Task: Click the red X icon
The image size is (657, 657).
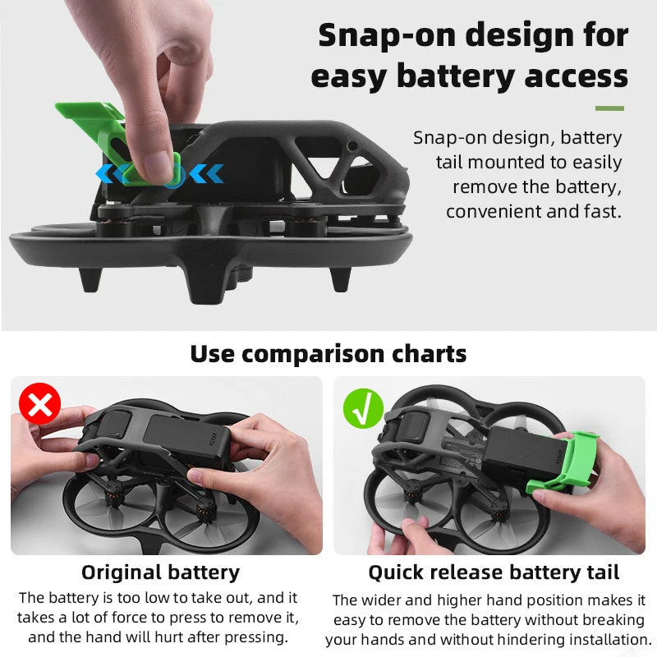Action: coord(39,404)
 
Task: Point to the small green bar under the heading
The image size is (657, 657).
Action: coord(609,108)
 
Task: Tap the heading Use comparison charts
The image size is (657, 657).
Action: coord(328,354)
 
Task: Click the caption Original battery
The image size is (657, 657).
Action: coord(160,572)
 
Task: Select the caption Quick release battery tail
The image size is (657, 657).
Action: coord(494,572)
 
